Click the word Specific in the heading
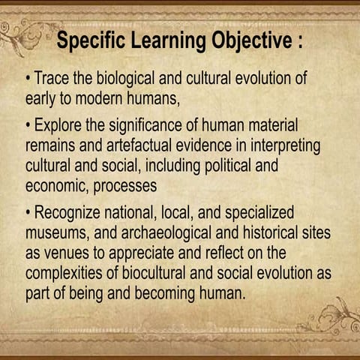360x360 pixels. point(92,40)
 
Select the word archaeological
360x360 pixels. point(169,233)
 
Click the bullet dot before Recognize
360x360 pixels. point(28,213)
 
